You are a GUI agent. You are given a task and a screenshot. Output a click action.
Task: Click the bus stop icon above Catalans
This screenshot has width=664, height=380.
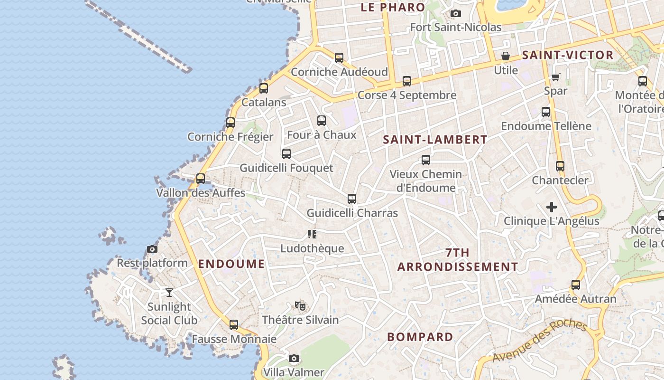click(x=264, y=88)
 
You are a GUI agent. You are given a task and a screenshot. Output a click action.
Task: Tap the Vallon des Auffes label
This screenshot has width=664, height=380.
click(x=201, y=193)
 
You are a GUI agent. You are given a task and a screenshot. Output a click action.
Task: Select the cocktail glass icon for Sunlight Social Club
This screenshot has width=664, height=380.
click(x=169, y=293)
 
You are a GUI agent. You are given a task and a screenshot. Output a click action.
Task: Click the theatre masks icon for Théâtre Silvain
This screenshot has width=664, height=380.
click(x=300, y=305)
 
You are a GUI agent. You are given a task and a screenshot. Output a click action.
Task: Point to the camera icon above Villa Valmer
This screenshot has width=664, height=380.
click(x=294, y=358)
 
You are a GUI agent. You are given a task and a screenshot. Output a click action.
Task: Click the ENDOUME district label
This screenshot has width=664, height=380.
click(x=231, y=264)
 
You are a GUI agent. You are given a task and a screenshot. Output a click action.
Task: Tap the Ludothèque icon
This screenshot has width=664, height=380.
click(x=312, y=234)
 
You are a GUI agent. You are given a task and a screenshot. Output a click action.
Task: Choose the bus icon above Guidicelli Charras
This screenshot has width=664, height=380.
click(x=351, y=199)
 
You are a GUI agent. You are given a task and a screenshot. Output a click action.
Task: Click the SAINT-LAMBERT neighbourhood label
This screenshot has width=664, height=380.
click(x=435, y=140)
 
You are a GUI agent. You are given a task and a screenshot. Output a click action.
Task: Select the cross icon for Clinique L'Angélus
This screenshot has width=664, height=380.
click(x=551, y=207)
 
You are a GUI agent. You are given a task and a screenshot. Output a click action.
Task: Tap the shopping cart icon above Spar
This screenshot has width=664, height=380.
click(x=555, y=77)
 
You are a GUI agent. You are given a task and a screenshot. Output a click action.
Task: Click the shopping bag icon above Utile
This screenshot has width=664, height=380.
click(x=506, y=56)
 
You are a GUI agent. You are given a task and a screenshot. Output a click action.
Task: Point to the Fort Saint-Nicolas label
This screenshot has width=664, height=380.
click(x=456, y=27)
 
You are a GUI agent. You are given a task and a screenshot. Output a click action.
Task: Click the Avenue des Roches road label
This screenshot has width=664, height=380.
click(x=539, y=341)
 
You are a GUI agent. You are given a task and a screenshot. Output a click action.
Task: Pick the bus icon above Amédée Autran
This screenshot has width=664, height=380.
click(x=575, y=285)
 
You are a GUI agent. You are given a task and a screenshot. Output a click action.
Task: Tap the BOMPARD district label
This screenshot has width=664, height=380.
click(x=420, y=337)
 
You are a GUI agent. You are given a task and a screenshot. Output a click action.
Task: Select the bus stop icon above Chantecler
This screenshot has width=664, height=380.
click(x=560, y=166)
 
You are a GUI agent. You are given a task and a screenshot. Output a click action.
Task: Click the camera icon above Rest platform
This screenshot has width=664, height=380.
click(x=152, y=249)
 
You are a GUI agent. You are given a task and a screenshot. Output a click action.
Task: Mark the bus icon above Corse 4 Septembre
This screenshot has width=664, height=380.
click(x=407, y=81)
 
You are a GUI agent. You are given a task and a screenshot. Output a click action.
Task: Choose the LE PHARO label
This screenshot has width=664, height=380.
click(x=393, y=7)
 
